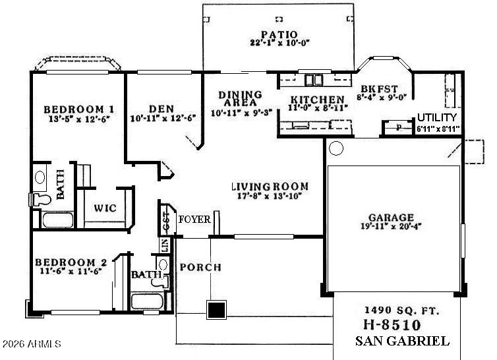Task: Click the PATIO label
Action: [x=279, y=34]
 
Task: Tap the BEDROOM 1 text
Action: [x=80, y=109]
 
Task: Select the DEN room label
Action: [x=161, y=109]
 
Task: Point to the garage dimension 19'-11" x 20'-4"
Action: [x=392, y=228]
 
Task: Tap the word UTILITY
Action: [x=436, y=117]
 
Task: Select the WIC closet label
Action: [x=105, y=208]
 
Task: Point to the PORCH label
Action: [x=200, y=267]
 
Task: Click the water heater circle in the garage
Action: [x=336, y=148]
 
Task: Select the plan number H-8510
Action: [x=393, y=325]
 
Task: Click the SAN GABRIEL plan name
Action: [x=402, y=341]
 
